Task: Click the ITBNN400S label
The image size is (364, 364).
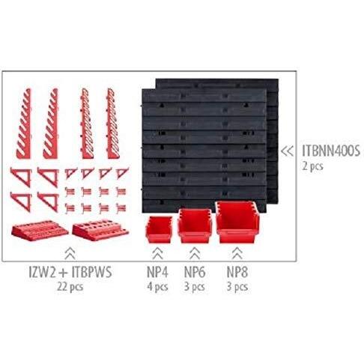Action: point(331,151)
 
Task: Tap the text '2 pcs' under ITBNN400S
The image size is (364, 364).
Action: point(313,166)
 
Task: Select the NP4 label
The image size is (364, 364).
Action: point(157,272)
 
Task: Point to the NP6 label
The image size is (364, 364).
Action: point(195,272)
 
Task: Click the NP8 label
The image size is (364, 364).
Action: point(237,272)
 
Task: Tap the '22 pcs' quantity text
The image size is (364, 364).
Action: point(70,287)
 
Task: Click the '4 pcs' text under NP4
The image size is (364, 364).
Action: point(157,287)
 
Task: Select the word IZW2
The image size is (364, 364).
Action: point(42,272)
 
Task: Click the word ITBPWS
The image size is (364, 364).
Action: point(91,272)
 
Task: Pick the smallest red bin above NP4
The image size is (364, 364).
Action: point(159,229)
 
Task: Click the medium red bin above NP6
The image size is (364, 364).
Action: point(195,226)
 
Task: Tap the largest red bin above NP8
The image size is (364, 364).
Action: point(237,222)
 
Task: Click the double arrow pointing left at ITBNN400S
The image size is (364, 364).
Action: point(287,151)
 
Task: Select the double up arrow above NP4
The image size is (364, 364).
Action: point(157,253)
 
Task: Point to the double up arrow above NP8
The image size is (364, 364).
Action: point(237,253)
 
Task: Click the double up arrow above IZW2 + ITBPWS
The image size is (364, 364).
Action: point(70,253)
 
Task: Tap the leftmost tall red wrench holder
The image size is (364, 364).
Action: point(24,124)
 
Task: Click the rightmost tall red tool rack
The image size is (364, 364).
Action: point(112,124)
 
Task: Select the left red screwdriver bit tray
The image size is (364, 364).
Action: point(40,231)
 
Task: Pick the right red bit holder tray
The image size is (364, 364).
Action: point(100,230)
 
